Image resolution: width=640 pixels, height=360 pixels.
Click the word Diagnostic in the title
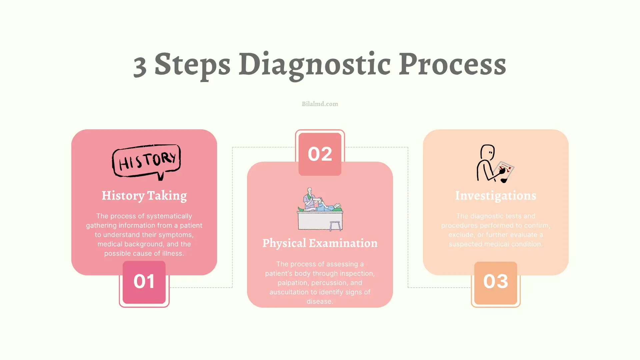point(314,64)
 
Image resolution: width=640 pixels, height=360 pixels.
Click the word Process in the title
point(452,64)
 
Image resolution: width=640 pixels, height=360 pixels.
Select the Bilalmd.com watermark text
point(320,104)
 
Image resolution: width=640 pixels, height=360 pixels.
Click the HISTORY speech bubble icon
point(147,162)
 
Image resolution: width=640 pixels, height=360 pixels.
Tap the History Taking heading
point(144,196)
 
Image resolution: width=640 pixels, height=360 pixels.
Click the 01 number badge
point(144,282)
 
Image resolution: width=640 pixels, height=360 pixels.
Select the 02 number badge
point(320,154)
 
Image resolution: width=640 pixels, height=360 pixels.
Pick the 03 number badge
point(495,282)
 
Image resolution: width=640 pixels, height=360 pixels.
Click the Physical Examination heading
point(320,243)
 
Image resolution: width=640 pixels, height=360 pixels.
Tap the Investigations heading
point(495,196)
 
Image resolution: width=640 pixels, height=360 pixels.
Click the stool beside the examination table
point(335,226)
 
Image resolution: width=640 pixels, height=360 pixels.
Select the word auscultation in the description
point(289,292)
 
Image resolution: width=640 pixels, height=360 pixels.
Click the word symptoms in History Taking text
point(176,235)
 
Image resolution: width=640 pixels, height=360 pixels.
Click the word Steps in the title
point(192,64)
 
